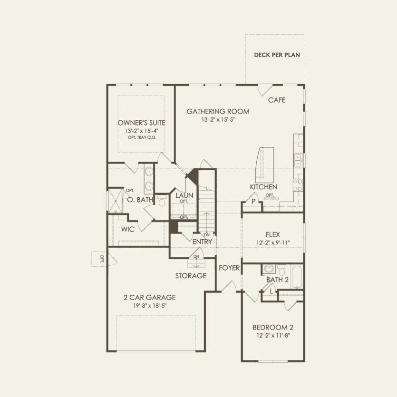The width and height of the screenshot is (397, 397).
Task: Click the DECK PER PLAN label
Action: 277,55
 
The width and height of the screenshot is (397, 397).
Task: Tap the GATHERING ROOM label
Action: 218,112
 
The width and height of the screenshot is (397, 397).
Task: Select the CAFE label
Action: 277,100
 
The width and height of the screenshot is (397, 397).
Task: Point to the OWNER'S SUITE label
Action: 142,123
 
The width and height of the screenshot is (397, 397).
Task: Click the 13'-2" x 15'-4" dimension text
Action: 142,131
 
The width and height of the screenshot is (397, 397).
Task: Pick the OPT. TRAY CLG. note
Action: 142,137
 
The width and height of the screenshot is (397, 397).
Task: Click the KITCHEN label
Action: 263,187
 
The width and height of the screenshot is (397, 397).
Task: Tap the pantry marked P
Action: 253,202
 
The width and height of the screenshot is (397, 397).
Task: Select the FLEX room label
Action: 272,234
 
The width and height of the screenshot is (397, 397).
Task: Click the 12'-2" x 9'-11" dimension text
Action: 272,242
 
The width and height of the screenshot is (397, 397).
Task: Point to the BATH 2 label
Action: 277,280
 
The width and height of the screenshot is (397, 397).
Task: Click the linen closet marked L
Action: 271,291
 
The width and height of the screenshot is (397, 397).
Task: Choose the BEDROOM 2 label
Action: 272,327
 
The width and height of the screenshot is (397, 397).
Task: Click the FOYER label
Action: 229,268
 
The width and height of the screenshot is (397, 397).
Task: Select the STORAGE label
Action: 191,276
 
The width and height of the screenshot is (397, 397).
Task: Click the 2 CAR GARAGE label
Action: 150,298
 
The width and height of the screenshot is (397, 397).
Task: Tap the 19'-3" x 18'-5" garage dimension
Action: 150,306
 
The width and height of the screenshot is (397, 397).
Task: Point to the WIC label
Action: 128,229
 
